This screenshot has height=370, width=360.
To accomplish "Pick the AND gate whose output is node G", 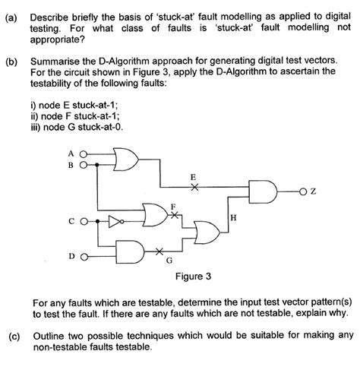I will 131,251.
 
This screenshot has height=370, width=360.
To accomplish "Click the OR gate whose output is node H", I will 204,234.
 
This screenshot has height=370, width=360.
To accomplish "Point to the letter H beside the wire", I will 233,218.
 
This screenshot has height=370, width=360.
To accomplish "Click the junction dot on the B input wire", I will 99,163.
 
